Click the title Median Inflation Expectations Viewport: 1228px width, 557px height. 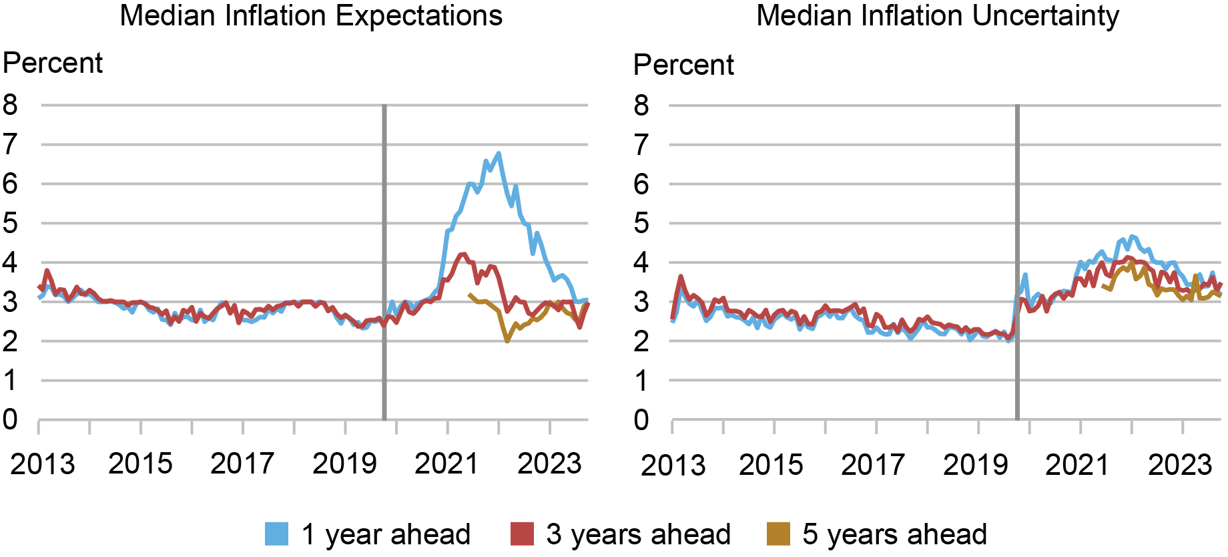[311, 15]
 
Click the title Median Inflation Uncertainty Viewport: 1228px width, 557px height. [938, 15]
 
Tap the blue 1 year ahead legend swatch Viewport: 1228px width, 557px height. [276, 534]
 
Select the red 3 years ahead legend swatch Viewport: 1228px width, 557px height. [522, 534]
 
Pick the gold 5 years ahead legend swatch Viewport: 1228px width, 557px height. [778, 534]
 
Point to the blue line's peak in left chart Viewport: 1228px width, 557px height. [499, 154]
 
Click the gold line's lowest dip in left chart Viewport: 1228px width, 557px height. [507, 341]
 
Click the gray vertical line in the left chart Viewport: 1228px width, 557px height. [384, 267]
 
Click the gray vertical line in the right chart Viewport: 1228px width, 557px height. [1017, 267]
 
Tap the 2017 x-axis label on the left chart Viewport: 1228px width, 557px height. [242, 463]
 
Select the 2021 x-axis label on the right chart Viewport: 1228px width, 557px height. [1077, 465]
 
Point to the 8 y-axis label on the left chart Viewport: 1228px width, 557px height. [10, 105]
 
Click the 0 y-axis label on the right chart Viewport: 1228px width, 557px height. [641, 420]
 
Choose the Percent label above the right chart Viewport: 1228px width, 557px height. [683, 65]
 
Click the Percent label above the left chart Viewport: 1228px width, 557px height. [53, 63]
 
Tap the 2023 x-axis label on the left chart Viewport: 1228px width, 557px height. [549, 463]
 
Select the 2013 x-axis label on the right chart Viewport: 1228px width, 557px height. [673, 465]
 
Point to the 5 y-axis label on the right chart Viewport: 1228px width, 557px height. [641, 223]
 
